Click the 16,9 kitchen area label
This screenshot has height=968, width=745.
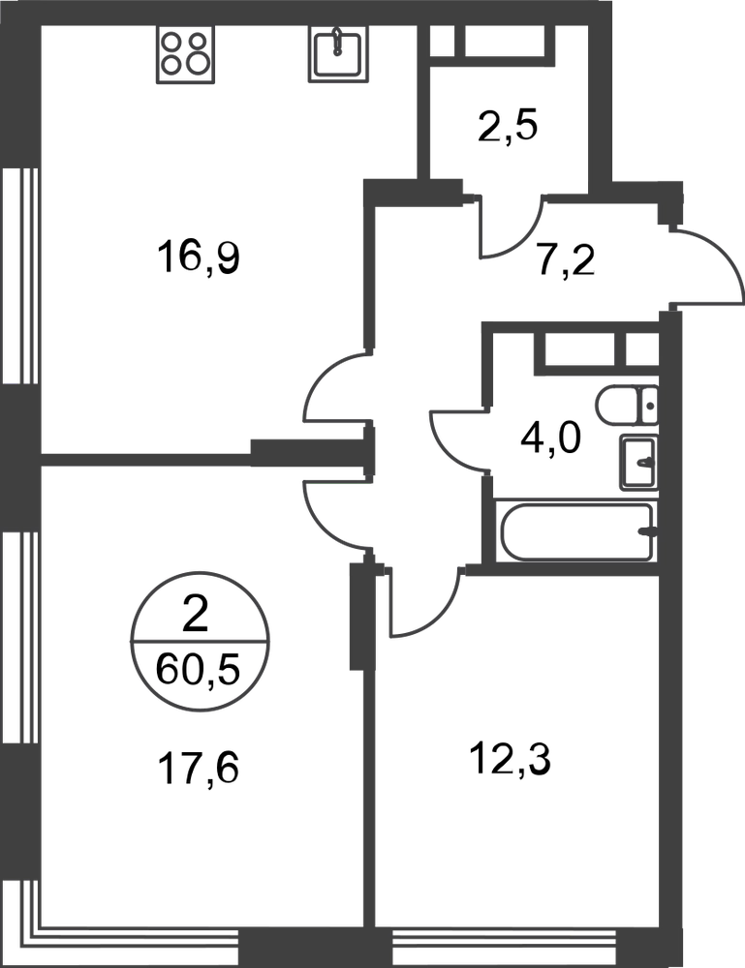199,258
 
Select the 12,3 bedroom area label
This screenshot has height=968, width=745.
511,759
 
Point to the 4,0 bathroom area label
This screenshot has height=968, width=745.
551,439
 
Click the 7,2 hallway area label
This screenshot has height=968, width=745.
565,261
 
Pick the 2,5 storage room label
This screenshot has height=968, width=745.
509,127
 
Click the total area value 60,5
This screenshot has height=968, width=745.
198,671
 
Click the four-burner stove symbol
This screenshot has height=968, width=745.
185,54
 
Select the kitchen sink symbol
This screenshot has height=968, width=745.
338,54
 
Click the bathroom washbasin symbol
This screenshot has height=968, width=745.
638,462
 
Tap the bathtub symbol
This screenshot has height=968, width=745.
577,532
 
